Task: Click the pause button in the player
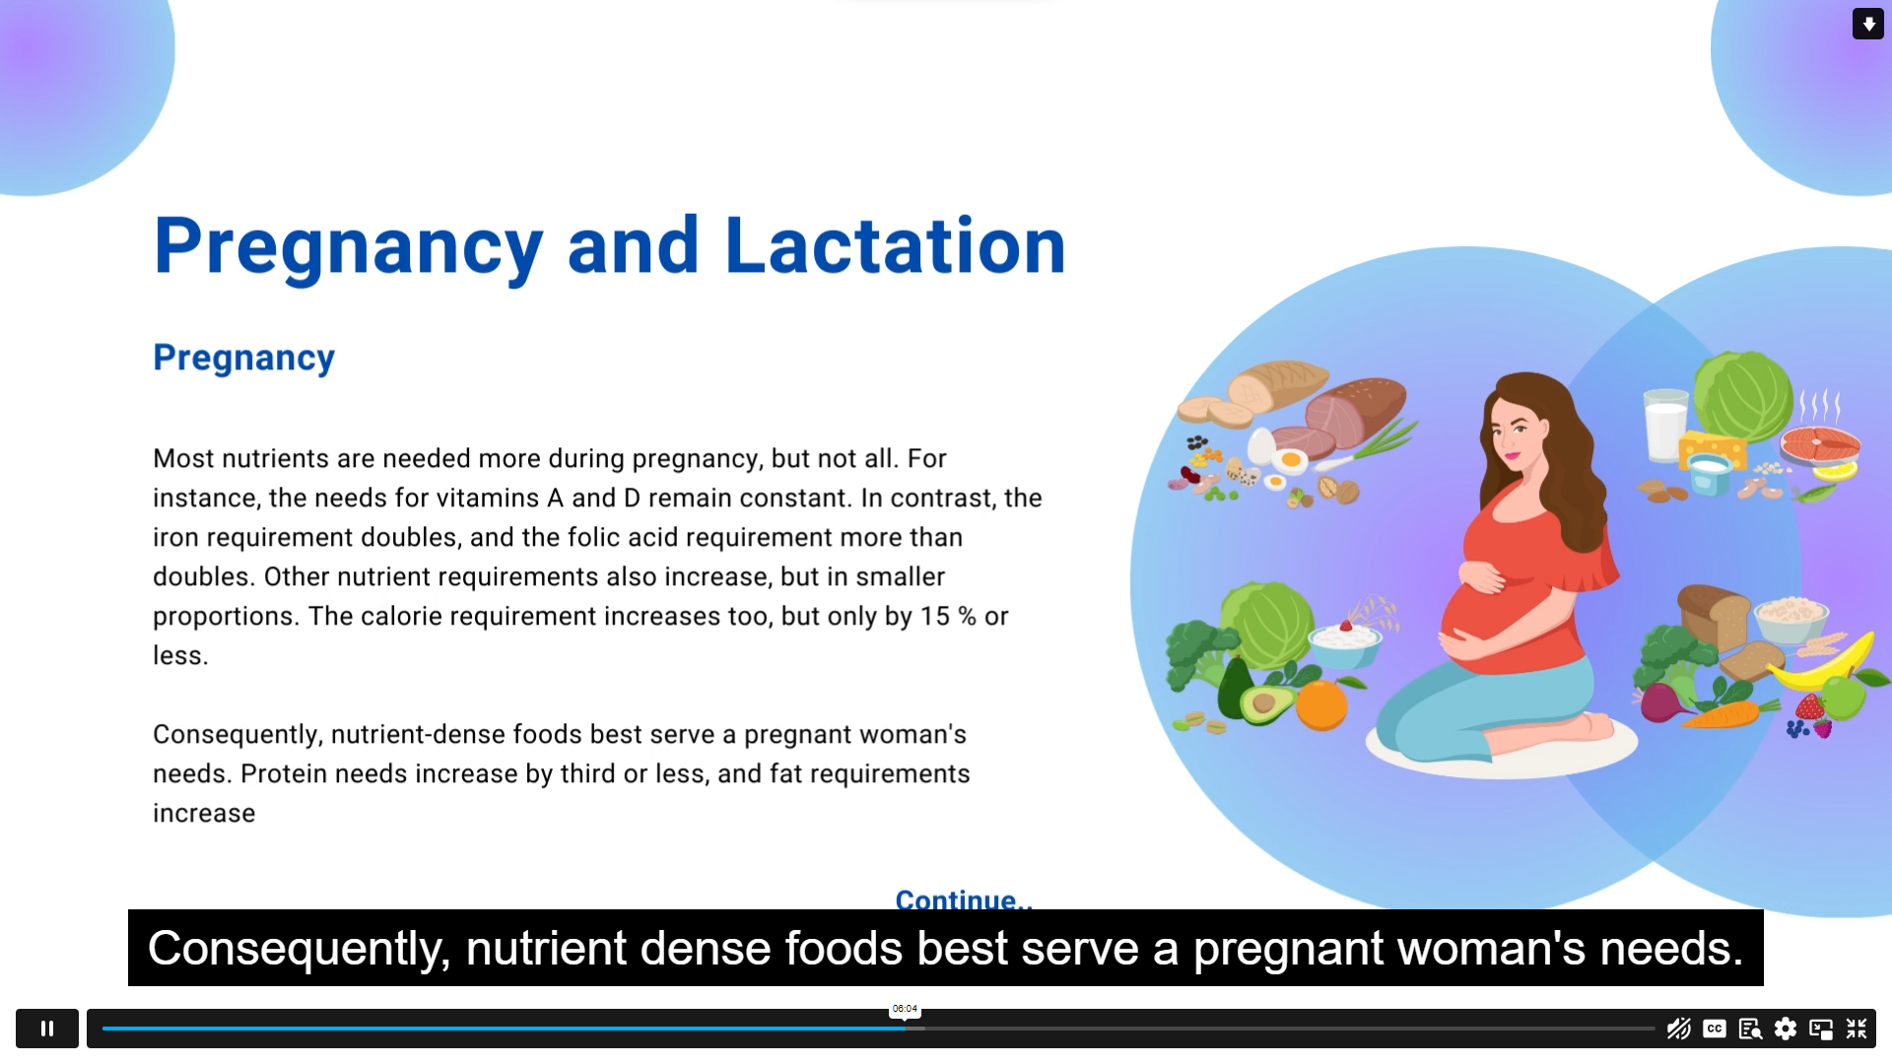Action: pos(47,1029)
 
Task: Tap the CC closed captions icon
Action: pos(1715,1029)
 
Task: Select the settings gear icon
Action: pos(1786,1029)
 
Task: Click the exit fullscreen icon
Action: pos(1857,1029)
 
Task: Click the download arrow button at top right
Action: pos(1868,24)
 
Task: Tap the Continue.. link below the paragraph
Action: pos(964,899)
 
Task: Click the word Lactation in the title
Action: pos(896,245)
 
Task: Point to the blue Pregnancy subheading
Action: pos(243,358)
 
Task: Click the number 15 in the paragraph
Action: pos(934,617)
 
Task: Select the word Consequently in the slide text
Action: pos(237,735)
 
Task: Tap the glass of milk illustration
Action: pos(1665,426)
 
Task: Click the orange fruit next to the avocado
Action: pos(1321,704)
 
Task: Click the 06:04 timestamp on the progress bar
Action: pos(905,1009)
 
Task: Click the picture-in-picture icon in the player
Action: pos(1821,1029)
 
